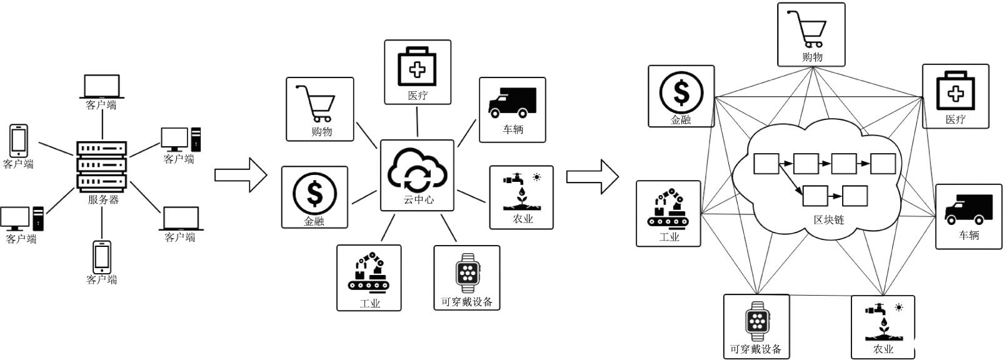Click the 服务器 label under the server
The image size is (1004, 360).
(x=103, y=199)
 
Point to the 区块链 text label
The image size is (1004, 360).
(x=829, y=219)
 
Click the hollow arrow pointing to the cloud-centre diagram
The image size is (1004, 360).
(x=241, y=175)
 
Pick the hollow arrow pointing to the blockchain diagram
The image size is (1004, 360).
(x=593, y=177)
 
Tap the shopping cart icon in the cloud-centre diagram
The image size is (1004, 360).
(x=316, y=104)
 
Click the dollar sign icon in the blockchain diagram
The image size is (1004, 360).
(x=681, y=92)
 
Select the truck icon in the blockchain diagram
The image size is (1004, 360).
(x=968, y=209)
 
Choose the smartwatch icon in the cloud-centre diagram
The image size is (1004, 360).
(x=468, y=274)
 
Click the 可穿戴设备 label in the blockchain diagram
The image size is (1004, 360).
(x=756, y=349)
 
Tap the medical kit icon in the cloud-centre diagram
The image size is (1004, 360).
(x=417, y=66)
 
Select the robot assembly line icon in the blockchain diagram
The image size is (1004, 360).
(x=668, y=207)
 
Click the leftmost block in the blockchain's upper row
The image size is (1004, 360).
(x=766, y=164)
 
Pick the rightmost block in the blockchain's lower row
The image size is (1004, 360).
(x=855, y=196)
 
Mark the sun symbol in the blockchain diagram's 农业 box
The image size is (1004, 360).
(x=899, y=307)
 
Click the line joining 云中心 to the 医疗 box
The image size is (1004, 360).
(x=417, y=121)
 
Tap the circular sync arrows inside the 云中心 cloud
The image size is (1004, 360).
(x=417, y=177)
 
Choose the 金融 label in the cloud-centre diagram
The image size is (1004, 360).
(x=314, y=221)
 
